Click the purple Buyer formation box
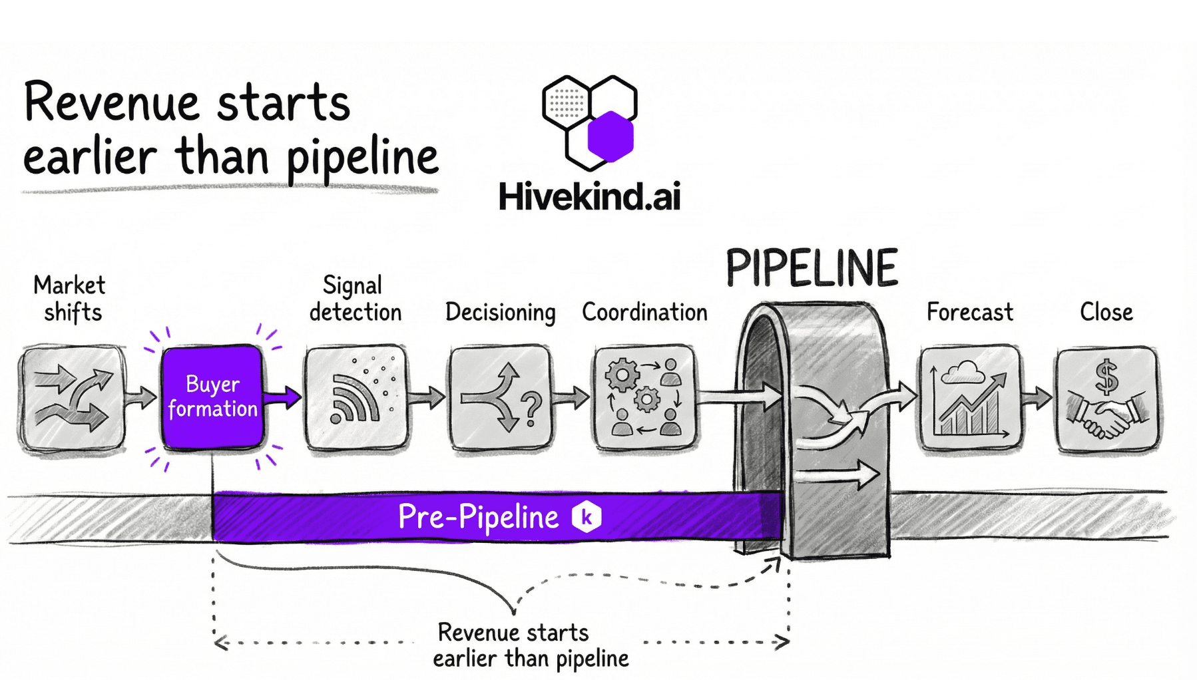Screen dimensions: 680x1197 point(212,397)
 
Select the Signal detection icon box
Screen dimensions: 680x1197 point(356,397)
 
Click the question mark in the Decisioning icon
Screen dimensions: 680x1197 point(531,408)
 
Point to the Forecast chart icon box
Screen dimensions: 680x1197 point(970,398)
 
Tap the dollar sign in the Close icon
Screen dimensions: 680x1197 point(1106,377)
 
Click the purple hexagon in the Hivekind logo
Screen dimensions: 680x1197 point(610,136)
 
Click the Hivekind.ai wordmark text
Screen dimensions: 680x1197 point(589,197)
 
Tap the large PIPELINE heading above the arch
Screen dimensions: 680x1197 point(812,268)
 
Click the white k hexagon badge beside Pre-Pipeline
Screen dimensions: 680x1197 point(587,517)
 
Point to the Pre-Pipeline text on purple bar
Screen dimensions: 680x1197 point(478,517)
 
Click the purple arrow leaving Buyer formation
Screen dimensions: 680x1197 point(283,398)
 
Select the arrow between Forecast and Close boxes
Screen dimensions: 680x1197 point(1037,398)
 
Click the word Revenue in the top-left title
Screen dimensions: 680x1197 point(112,103)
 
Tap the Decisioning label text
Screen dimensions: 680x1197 point(500,312)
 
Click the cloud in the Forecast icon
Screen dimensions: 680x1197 point(964,371)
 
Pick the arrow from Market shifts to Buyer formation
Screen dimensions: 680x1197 point(141,398)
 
